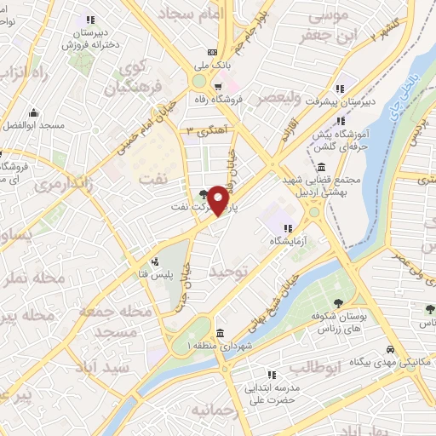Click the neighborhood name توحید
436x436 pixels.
pos(233,271)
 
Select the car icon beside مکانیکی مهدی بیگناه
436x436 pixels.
pos(390,350)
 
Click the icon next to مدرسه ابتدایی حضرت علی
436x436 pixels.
pos(272,374)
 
